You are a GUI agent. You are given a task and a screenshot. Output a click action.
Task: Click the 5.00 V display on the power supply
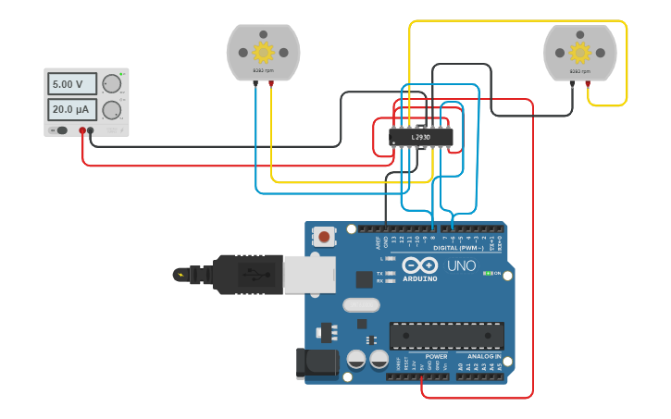pos(72,84)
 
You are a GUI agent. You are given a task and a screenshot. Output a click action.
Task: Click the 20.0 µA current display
pos(72,110)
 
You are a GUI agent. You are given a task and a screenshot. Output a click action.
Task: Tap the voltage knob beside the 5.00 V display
pos(112,84)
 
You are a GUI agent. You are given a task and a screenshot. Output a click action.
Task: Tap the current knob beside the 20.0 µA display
pos(112,111)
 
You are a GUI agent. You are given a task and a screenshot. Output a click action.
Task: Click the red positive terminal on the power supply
pos(82,130)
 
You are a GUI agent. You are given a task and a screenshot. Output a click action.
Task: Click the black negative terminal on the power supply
pos(91,130)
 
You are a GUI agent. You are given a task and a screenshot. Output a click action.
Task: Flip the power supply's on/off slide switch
pos(61,130)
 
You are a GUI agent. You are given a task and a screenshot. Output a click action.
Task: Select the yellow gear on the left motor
pos(264,51)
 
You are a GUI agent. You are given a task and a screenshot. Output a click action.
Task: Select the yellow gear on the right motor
pos(580,51)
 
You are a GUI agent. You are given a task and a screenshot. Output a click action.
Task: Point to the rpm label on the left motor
pos(264,70)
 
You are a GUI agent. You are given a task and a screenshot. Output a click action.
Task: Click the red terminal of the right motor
pos(588,83)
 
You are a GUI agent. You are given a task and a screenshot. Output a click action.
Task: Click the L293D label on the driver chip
pos(421,138)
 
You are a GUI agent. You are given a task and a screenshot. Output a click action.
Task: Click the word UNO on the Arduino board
pos(461,266)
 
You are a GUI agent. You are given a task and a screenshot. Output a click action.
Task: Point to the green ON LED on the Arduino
pos(488,274)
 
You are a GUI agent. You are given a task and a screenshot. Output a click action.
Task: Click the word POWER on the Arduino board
pos(436,356)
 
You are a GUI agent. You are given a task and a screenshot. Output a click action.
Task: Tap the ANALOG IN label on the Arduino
pos(484,356)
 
